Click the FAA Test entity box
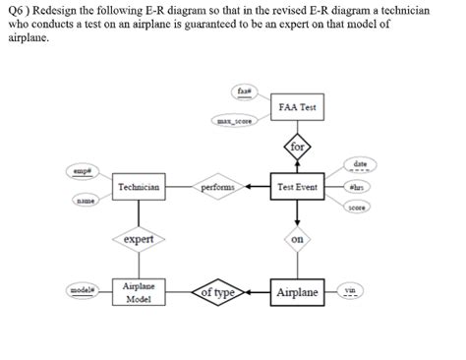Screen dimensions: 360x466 [296, 106]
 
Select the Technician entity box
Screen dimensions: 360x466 [138, 186]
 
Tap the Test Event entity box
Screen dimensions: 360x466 [296, 186]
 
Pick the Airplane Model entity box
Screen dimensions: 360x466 [137, 291]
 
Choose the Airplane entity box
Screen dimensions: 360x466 [297, 292]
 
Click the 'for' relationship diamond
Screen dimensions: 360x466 [297, 148]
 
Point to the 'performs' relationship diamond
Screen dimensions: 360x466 [216, 186]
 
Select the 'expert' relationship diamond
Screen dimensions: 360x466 [138, 239]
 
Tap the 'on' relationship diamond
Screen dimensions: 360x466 [297, 238]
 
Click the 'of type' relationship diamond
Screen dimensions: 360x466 [216, 292]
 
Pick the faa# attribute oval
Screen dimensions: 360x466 [245, 90]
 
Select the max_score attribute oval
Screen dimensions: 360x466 [236, 121]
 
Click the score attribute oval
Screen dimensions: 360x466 [358, 208]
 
